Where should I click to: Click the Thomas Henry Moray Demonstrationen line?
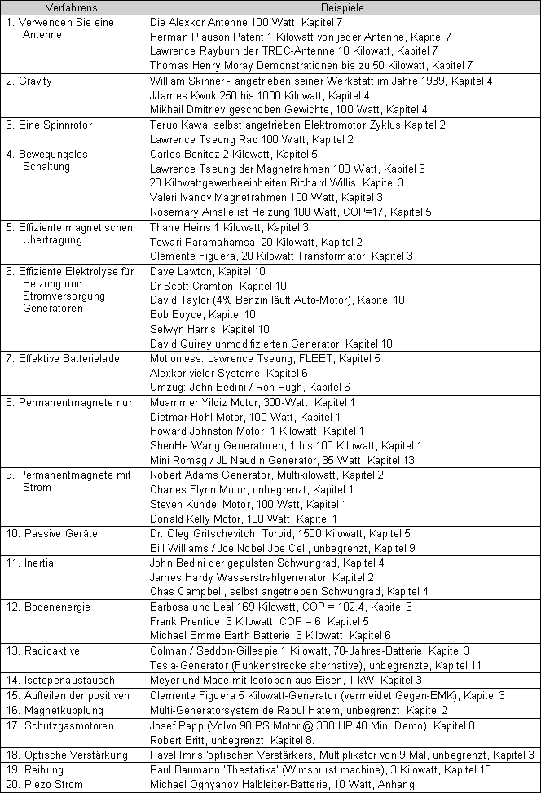click(x=311, y=65)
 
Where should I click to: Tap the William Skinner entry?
click(x=321, y=81)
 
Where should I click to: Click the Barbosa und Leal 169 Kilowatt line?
click(x=280, y=607)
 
